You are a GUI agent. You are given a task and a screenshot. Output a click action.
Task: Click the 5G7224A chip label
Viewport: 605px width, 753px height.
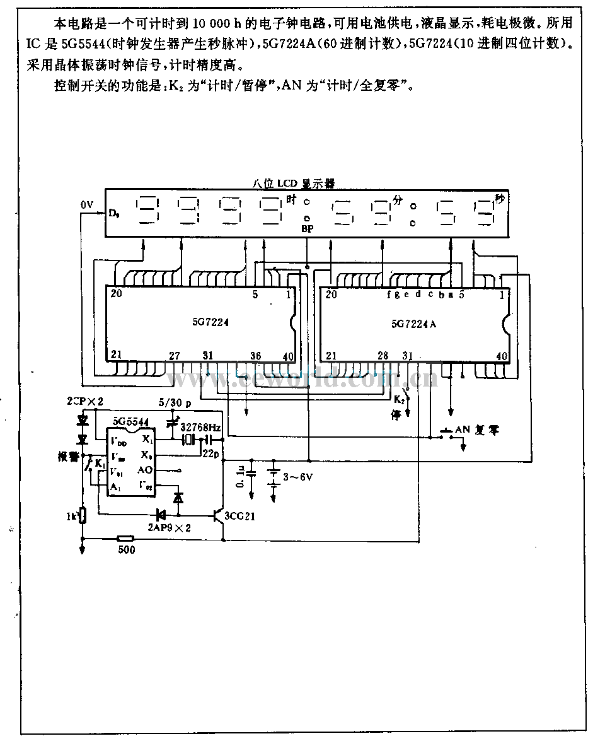(414, 324)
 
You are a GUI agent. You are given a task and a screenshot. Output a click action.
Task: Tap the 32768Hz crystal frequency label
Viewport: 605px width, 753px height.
(201, 428)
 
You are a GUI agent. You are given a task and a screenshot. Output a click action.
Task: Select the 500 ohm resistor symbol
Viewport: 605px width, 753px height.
(125, 539)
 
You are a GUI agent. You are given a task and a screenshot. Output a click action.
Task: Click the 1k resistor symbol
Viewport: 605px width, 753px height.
(83, 517)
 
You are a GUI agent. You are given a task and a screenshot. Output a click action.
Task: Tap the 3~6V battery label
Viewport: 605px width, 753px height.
(299, 477)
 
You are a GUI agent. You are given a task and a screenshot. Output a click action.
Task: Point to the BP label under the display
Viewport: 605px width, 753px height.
(308, 228)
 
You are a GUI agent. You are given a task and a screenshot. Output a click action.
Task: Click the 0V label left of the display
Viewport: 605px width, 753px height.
(87, 206)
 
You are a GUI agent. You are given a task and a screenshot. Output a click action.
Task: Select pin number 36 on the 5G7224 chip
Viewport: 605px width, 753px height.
(255, 356)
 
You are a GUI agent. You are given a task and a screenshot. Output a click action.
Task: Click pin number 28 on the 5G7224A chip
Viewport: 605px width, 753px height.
(383, 356)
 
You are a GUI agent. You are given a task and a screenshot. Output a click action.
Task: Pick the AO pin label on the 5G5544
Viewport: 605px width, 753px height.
(145, 470)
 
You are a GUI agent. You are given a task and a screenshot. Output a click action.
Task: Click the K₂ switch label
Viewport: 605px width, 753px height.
(398, 400)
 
